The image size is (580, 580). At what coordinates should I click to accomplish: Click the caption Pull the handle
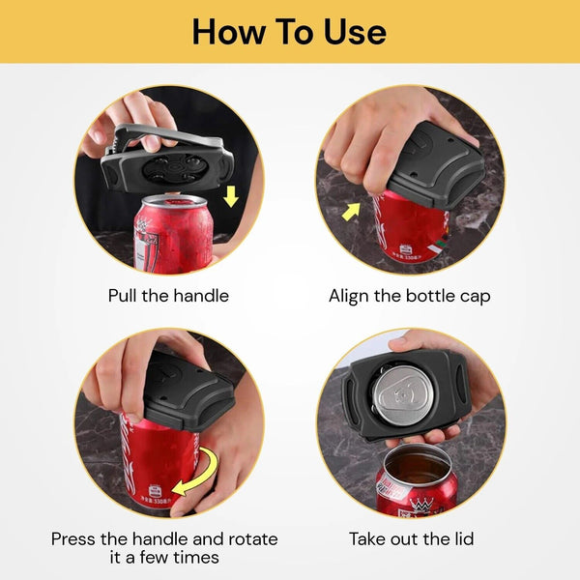click(x=168, y=295)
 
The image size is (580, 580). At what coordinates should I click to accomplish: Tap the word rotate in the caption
click(x=250, y=538)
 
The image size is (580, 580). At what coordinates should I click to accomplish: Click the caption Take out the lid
click(x=411, y=538)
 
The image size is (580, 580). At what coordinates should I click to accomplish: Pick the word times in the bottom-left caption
click(x=196, y=559)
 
